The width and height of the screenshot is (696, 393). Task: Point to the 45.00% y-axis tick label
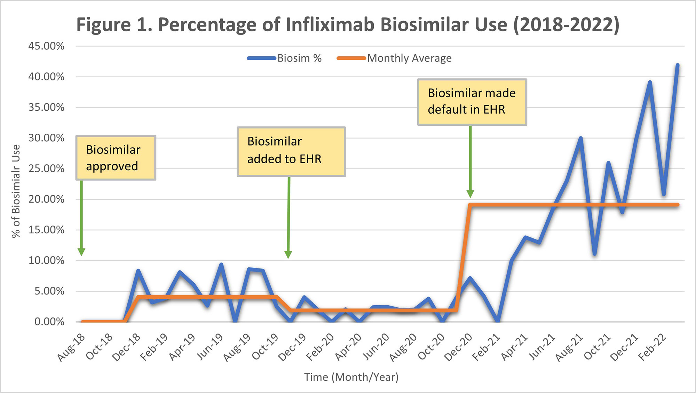46,46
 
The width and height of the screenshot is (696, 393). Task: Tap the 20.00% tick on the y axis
46,199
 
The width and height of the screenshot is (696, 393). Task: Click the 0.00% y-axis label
49,321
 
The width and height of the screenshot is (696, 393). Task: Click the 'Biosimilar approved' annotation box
116,158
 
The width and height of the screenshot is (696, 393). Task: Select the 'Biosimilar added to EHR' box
291,151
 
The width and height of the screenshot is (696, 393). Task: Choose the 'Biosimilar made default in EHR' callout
472,102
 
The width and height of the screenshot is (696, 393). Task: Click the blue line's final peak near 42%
677,65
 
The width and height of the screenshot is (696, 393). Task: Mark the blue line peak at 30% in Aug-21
580,138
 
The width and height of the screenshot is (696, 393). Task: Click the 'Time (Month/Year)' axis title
351,377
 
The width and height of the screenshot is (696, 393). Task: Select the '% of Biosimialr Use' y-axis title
16,191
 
